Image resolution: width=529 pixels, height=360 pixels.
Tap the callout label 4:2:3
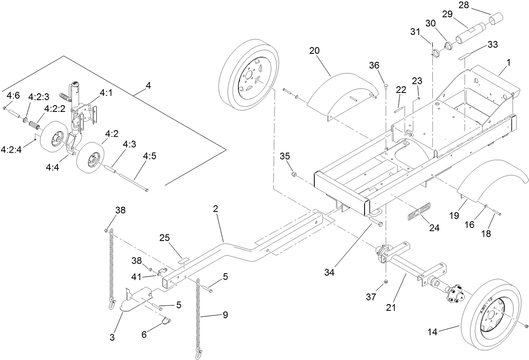coord(39,96)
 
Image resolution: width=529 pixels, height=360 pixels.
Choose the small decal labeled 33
coord(465,56)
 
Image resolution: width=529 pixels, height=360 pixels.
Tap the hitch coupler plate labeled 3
coord(135,301)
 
